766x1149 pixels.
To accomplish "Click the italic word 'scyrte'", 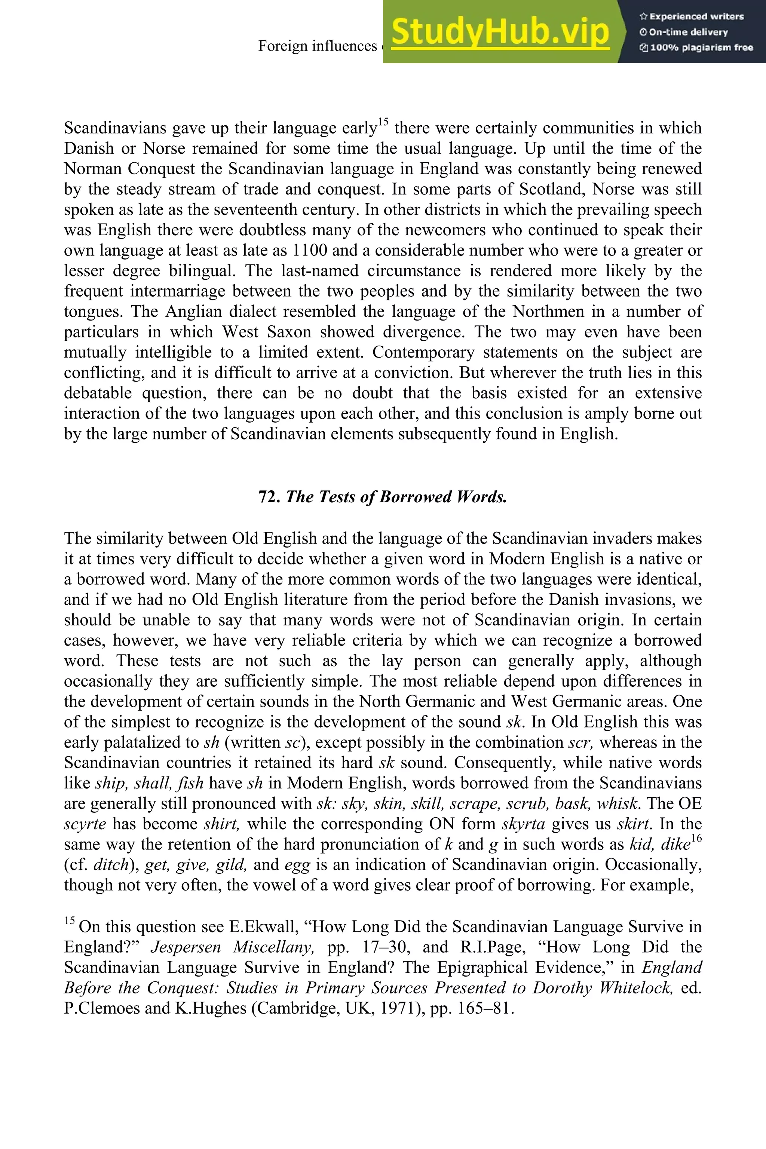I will (85, 824).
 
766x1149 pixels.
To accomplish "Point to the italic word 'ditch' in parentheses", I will (111, 865).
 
